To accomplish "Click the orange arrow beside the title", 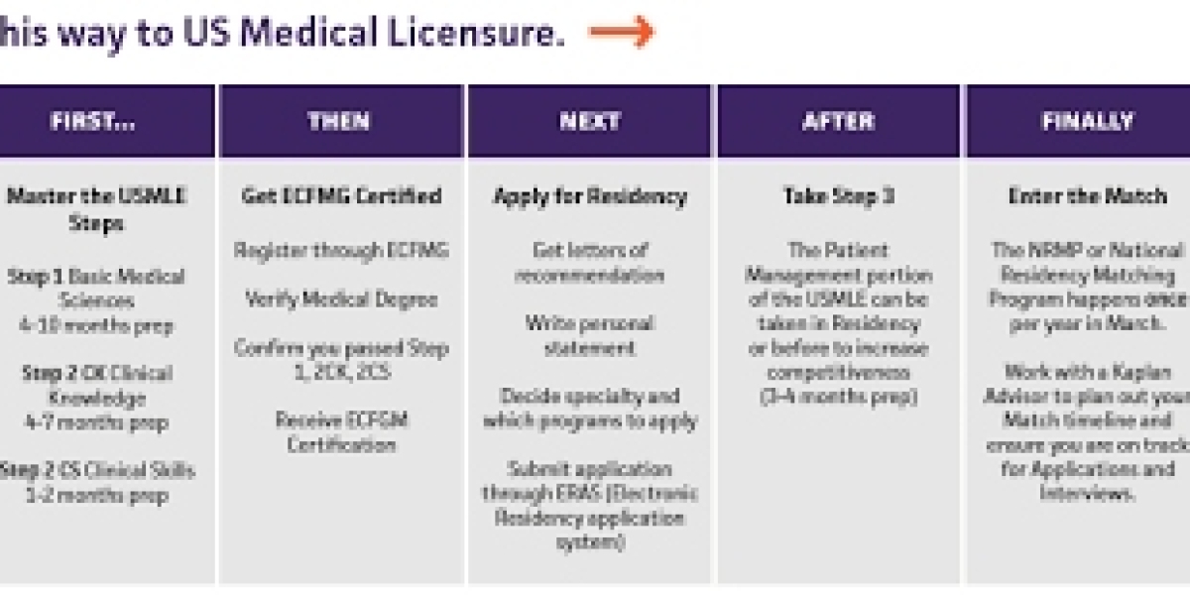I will [622, 33].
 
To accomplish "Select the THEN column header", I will [340, 121].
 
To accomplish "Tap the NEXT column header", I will [589, 121].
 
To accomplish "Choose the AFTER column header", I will [838, 121].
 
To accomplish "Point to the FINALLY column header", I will [1087, 121].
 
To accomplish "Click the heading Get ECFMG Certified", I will [341, 195].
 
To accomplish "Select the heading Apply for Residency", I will [590, 196].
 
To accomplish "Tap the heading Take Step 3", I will [838, 195].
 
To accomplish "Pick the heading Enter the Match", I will [1087, 195].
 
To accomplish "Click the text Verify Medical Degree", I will [341, 298].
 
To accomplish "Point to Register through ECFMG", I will [341, 250].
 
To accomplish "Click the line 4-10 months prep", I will [96, 324].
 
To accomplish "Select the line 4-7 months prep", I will [96, 422].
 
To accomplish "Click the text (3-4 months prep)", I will [838, 397].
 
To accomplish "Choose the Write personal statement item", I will [590, 336].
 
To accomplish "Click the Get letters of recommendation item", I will [590, 262].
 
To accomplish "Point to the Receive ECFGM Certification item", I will [341, 432].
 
